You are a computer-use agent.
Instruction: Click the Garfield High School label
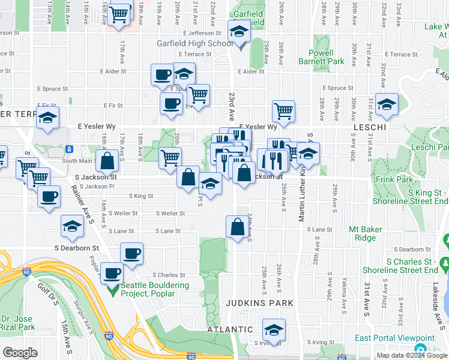click(x=195, y=43)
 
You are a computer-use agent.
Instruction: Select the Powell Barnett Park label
click(x=321, y=57)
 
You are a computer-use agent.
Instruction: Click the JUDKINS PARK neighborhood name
click(x=259, y=303)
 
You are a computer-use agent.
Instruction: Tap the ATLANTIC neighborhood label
click(x=230, y=329)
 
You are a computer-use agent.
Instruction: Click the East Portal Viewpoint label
click(x=394, y=338)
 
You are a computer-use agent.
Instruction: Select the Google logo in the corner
click(x=20, y=353)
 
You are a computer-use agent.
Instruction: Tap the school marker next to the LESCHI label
click(x=387, y=106)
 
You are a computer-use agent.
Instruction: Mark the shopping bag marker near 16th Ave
click(x=107, y=161)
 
